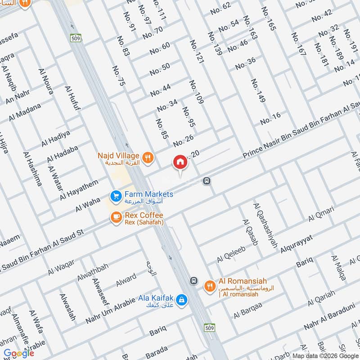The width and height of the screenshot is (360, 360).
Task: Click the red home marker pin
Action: [x=180, y=162]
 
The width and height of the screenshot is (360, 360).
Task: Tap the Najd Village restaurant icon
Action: [x=148, y=157]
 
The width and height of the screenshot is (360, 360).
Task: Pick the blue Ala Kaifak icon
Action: [x=181, y=299]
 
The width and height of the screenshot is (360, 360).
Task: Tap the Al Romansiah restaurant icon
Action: [x=210, y=285]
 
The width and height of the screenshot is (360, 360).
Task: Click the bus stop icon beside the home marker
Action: [x=207, y=181]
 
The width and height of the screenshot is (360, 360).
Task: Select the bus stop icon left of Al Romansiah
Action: [x=193, y=280]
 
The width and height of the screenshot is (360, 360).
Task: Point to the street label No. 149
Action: [x=258, y=90]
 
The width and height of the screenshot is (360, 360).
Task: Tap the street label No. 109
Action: [x=197, y=92]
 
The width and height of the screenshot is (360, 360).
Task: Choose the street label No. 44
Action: [x=161, y=90]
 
